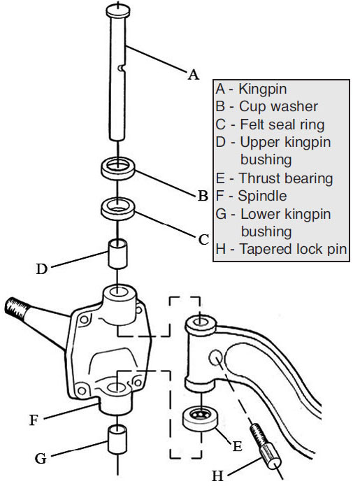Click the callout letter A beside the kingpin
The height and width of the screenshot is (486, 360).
[194, 75]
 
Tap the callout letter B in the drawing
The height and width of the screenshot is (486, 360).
[203, 196]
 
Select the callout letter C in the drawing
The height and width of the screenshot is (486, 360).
[203, 240]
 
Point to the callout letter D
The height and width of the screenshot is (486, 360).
[42, 269]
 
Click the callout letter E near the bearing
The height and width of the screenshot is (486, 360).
[237, 446]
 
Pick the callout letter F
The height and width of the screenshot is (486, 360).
[34, 420]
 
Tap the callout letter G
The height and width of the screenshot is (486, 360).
[41, 459]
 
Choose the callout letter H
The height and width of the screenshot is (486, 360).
[217, 476]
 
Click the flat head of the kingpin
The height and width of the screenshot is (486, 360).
[117, 10]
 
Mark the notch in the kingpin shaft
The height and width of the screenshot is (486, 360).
[122, 68]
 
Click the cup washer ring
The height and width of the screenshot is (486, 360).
[118, 169]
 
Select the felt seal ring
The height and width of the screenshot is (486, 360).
[118, 210]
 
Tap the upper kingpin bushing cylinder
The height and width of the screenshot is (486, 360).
[117, 253]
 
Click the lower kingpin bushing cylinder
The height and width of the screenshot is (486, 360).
[117, 439]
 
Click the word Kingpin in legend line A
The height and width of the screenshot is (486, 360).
[263, 90]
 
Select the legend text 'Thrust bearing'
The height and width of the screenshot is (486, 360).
[286, 178]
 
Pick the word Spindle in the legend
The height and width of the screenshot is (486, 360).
[262, 196]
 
